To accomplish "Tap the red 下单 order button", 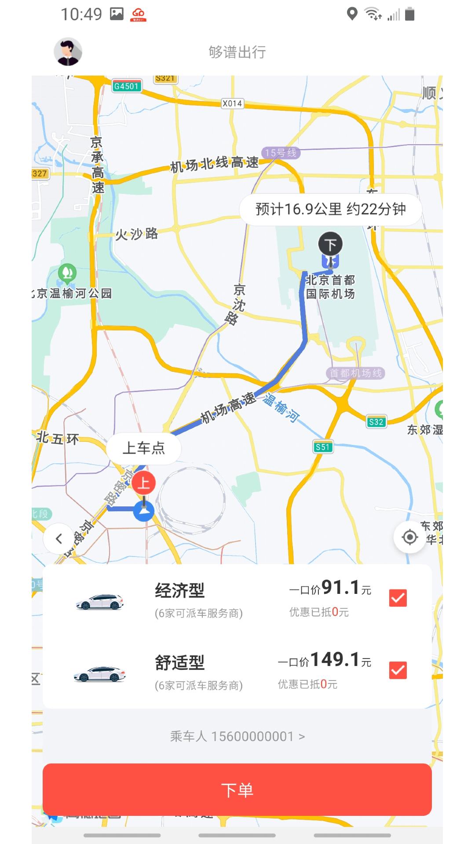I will pos(237,790).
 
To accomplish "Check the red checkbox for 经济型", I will pos(398,598).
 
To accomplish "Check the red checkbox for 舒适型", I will pos(398,670).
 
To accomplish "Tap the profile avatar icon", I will pos(68,52).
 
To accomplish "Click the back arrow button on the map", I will pos(58,538).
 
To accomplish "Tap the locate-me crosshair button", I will pos(409,537).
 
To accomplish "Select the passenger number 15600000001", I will pos(237,736).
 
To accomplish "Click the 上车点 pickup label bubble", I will pos(144,448).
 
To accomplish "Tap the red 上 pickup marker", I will pos(143,483).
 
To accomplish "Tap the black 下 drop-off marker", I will pos(330,244).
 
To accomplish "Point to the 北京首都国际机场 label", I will pos(330,287).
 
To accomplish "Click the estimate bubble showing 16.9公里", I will pos(330,209).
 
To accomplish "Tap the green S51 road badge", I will pos(323,447).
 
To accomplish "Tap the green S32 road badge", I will pos(376,422).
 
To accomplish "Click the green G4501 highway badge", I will pos(127,86).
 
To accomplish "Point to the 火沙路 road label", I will pos(136,234).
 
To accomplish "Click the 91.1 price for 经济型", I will pos(340,588).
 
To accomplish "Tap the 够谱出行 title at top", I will pos(237,52).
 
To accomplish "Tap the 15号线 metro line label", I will pos(281,153).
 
